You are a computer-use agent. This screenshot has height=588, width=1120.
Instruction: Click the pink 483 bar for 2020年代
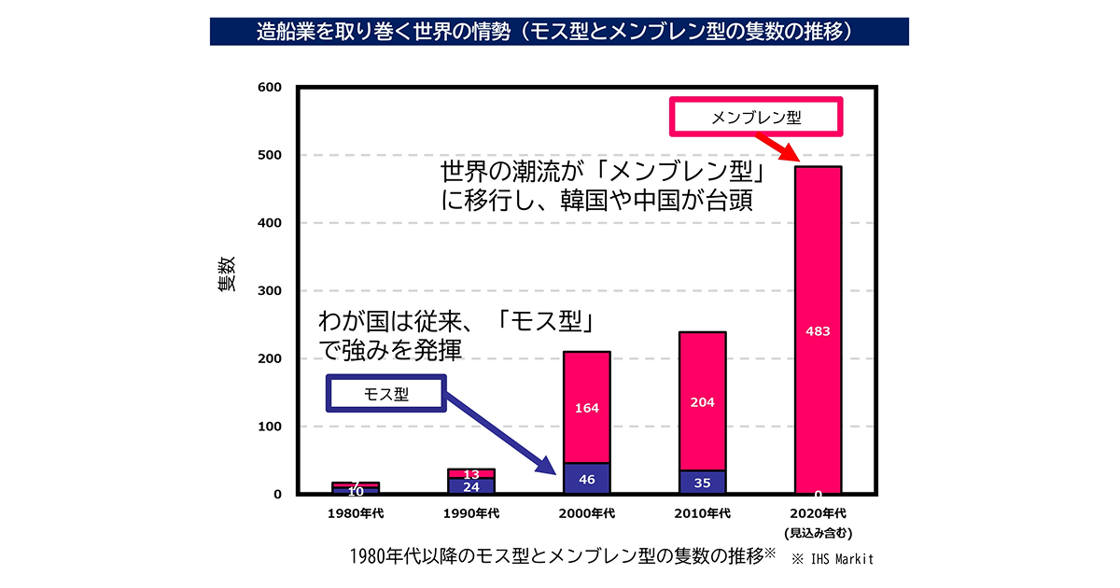pos(818,330)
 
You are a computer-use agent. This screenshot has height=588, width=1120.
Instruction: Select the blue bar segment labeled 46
pos(586,479)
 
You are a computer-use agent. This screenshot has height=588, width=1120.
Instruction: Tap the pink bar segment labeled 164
pos(586,408)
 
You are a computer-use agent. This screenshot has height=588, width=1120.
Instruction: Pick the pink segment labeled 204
pos(703,401)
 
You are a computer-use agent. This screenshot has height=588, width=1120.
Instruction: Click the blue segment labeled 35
pos(703,482)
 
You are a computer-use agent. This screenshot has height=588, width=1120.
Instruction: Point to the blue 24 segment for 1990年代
pos(471,486)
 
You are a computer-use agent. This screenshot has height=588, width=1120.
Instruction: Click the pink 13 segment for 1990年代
pos(471,473)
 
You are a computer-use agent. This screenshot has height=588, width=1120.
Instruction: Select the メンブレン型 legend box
pos(756,117)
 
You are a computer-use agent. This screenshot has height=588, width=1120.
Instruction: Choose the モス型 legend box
pos(386,394)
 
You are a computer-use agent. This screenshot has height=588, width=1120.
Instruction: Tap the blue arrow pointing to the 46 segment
pos(500,433)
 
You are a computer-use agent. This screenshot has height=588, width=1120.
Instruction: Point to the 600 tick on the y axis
pos(270,87)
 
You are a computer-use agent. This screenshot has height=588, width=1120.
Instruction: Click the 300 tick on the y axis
pos(270,290)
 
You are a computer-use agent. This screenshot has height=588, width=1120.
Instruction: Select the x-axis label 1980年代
pos(356,513)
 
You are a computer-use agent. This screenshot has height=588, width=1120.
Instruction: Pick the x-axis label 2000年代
pos(586,513)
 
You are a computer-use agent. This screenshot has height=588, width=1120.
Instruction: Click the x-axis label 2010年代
pos(703,513)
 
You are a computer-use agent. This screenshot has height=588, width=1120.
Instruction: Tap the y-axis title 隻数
pos(226,273)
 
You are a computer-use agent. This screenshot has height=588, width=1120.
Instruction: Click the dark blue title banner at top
pos(559,32)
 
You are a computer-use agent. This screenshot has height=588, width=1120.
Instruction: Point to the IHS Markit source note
pos(833,559)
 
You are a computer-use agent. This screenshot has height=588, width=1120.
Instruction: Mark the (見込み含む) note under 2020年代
pos(818,533)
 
